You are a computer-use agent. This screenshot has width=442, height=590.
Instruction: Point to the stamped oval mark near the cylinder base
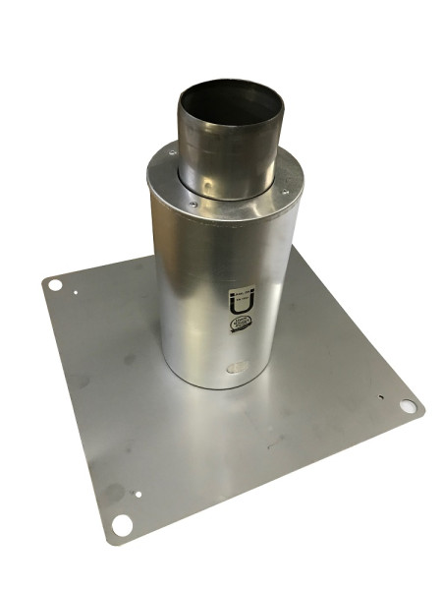tap(237, 370)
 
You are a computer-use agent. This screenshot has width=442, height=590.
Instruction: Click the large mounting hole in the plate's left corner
tap(55, 285)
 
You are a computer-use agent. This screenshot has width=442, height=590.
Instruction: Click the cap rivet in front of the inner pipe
tap(193, 204)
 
